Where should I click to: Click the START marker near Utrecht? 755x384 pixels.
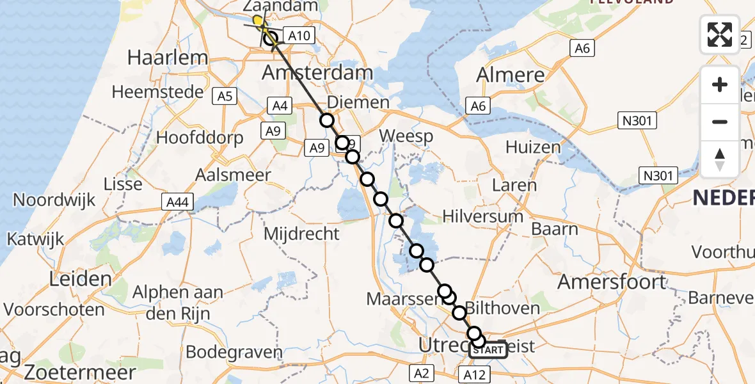(489, 350)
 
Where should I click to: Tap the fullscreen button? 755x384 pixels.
(720, 35)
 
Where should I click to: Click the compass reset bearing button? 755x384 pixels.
(720, 159)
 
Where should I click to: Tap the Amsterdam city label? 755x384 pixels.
(317, 72)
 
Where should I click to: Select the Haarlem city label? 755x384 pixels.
(168, 58)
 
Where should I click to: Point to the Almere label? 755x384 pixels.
(511, 75)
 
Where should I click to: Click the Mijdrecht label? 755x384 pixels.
(303, 234)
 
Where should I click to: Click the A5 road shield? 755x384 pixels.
(225, 97)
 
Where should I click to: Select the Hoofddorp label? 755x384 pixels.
(200, 138)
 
